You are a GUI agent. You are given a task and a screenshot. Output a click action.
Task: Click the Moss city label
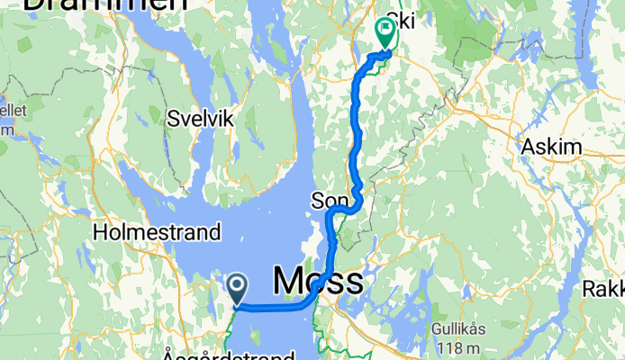tap(317, 281)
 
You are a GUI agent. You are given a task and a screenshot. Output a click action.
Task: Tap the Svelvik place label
tap(200, 118)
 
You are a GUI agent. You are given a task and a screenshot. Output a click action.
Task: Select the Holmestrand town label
tap(157, 232)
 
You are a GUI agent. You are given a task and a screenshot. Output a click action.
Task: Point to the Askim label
tap(551, 146)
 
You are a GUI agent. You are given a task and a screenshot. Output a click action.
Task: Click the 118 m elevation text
tap(460, 347)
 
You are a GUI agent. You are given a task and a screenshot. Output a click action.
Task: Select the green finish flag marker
tap(387, 33)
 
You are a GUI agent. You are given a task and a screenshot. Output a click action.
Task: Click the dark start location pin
tap(237, 289)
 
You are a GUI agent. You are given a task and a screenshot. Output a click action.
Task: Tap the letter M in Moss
tap(286, 281)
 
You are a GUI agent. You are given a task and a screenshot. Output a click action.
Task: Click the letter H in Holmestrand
tap(100, 232)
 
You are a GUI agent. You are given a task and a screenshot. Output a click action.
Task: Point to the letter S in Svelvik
tap(173, 118)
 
